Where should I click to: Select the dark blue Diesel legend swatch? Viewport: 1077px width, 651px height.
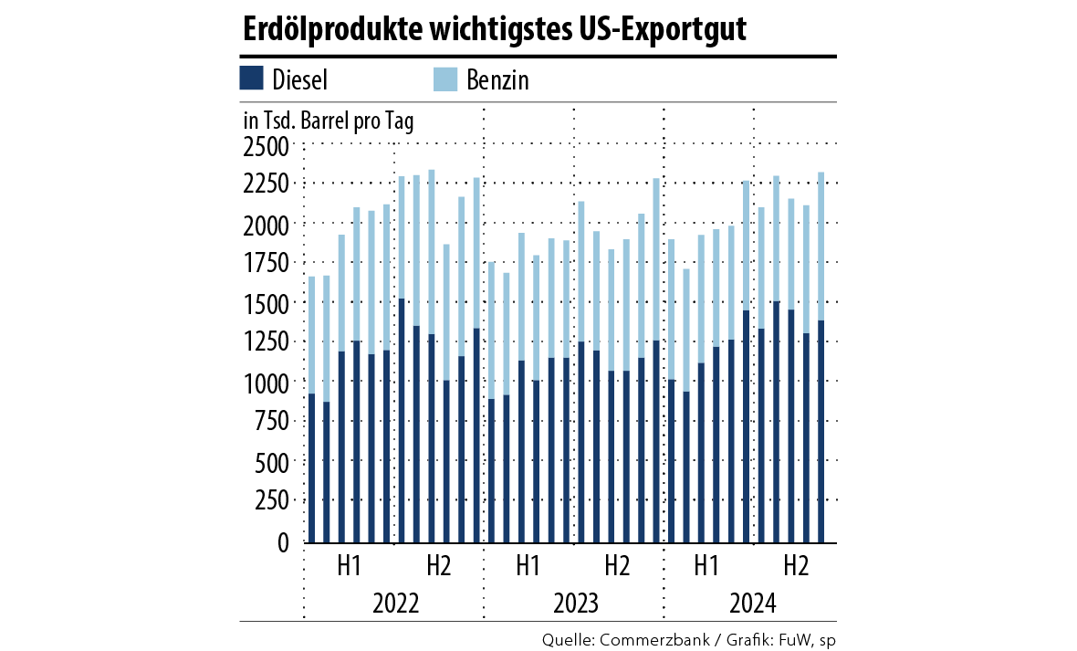pos(252,79)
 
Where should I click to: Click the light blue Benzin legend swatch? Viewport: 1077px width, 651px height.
pos(444,79)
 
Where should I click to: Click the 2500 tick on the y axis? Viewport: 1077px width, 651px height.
pos(264,145)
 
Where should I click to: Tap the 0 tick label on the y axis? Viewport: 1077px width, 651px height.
pos(281,542)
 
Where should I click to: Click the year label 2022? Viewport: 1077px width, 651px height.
pos(395,604)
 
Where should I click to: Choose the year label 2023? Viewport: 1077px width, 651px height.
pos(575,604)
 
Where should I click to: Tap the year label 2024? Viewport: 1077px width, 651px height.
pos(753,604)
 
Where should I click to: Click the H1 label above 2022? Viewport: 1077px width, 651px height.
pos(348,566)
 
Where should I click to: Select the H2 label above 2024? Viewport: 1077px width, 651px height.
pos(797,566)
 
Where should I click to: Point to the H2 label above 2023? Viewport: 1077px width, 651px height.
pos(618,566)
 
